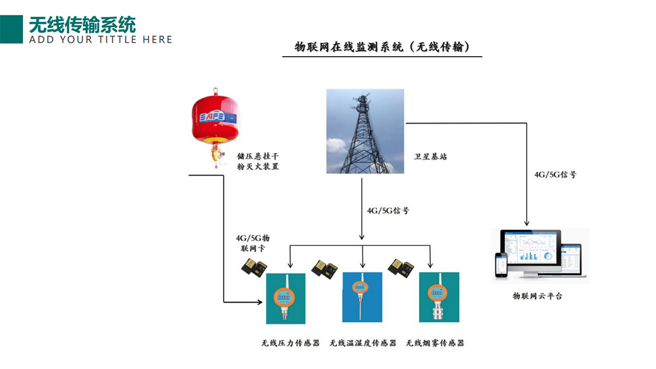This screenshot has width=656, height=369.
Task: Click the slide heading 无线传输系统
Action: coord(82,24)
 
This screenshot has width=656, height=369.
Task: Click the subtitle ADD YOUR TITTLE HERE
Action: coord(100,40)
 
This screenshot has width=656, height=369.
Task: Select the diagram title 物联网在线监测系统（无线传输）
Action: coord(382,47)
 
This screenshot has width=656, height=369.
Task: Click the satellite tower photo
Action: coord(364,131)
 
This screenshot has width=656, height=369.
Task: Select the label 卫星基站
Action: coord(431,157)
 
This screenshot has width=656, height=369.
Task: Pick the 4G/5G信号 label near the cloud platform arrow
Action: coord(555,175)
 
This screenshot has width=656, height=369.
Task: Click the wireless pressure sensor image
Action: coord(284,297)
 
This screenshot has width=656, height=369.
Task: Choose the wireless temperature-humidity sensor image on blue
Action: coord(361,297)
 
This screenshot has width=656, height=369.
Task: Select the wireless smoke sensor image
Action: coord(438,297)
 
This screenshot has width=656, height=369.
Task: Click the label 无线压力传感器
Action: coord(290,343)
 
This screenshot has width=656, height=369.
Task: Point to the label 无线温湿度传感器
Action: coord(363,343)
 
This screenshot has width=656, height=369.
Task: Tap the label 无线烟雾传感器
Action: coord(435,343)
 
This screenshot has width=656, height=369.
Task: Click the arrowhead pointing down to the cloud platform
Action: coord(527,223)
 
